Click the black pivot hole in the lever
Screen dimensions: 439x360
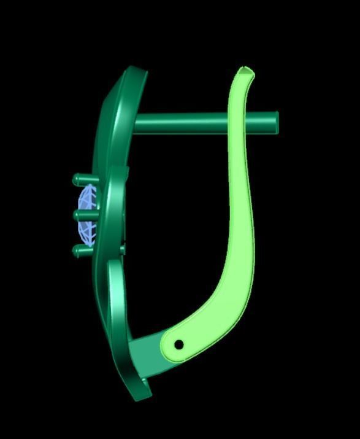point(178,345)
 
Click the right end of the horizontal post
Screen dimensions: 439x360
point(275,122)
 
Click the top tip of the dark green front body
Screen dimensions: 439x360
point(138,71)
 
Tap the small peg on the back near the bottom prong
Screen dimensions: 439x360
point(123,249)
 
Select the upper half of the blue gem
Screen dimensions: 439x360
point(86,200)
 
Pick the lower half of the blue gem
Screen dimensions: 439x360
point(86,230)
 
